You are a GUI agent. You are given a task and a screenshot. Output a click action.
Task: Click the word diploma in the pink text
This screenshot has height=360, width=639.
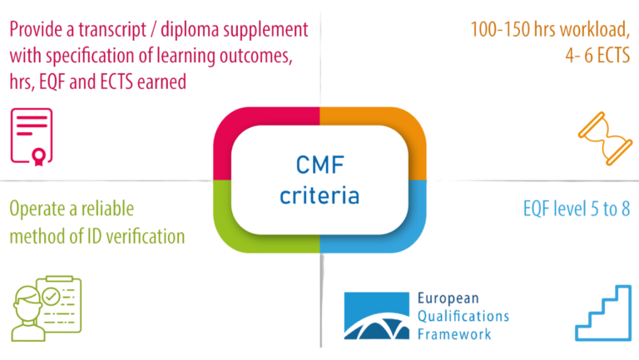point(206,30)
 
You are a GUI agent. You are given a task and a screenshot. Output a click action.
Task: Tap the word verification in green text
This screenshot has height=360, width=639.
point(138,235)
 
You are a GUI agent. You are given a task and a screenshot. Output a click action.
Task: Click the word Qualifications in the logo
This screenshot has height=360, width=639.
point(463,316)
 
